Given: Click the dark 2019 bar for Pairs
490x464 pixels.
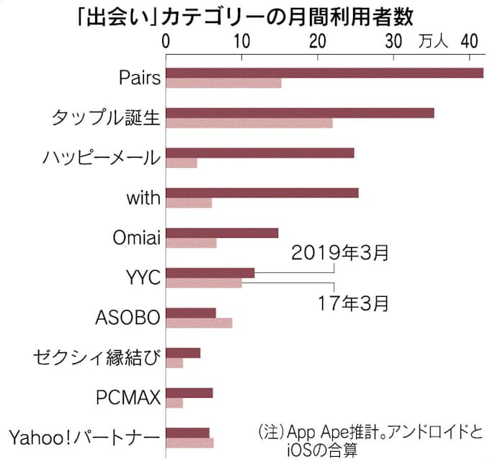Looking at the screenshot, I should tap(324, 72).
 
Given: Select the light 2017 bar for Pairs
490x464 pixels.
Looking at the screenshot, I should tap(223, 83).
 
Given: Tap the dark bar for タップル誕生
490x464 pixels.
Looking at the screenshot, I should tap(300, 112).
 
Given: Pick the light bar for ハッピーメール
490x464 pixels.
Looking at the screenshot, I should tap(182, 163).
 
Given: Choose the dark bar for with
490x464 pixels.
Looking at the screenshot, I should tap(262, 192).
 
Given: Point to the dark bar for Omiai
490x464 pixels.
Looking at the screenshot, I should tap(222, 232).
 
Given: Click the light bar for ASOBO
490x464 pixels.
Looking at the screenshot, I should tap(199, 323).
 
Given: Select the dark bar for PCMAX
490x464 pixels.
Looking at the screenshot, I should tap(190, 393).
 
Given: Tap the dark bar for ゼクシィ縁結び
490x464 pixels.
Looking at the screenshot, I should tap(183, 352).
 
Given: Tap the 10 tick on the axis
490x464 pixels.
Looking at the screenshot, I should tap(242, 40).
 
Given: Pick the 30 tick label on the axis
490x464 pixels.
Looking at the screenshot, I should tap(393, 40).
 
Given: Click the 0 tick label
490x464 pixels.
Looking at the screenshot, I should tap(166, 40).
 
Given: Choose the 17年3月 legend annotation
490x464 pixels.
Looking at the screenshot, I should tap(353, 303).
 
